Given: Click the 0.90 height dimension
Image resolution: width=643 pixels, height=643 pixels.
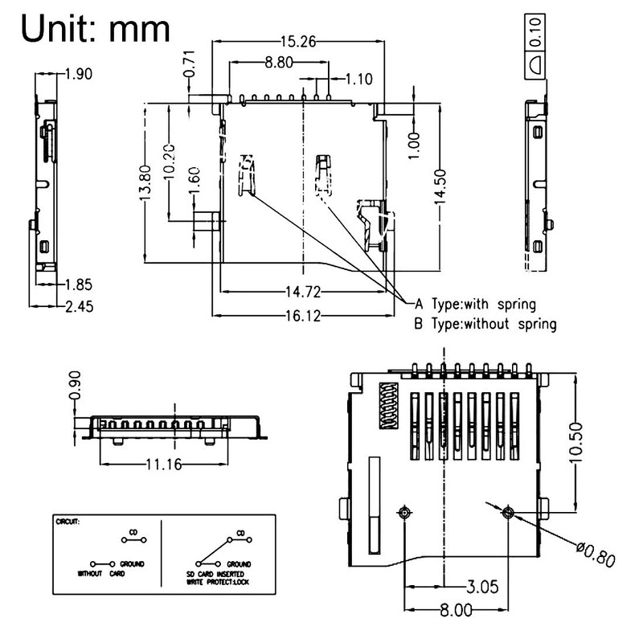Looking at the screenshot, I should [x=75, y=386].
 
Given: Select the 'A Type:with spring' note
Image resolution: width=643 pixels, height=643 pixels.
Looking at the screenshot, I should [x=473, y=304].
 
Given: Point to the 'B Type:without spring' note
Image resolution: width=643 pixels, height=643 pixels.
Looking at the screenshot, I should [x=485, y=324].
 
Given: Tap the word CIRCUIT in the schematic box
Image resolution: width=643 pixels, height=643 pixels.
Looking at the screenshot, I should [x=68, y=521].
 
